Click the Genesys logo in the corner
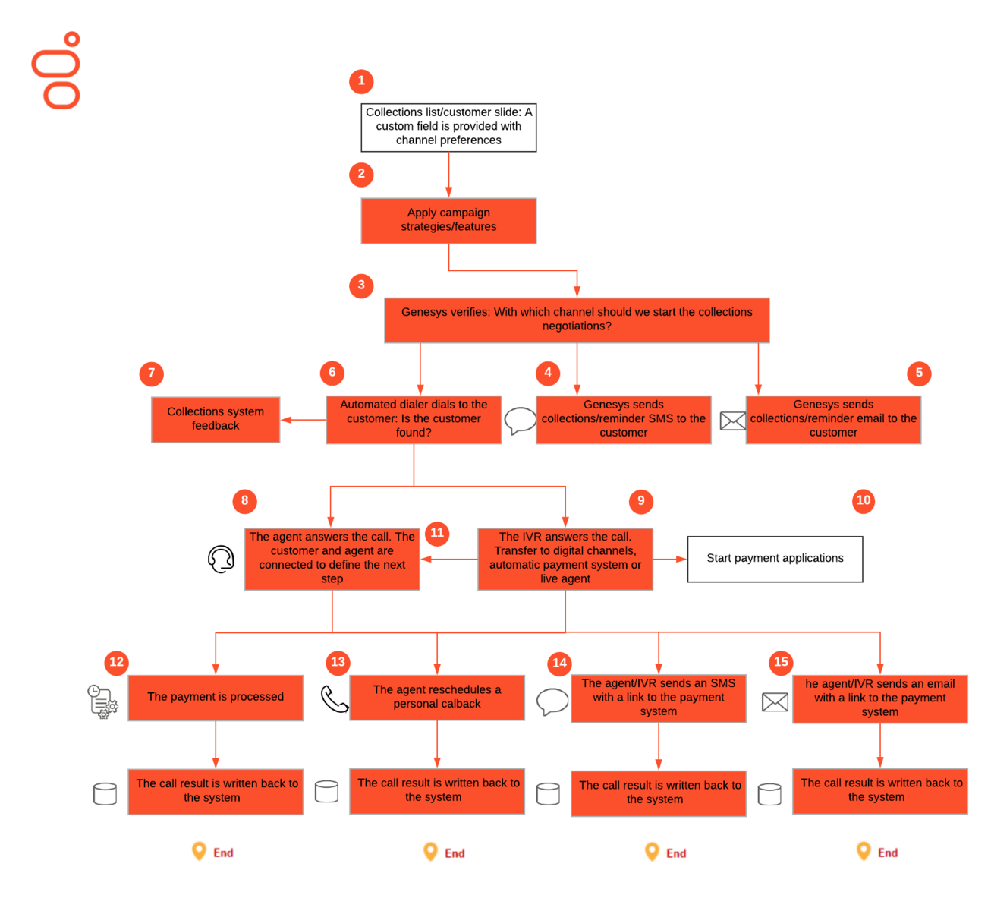pyautogui.click(x=57, y=71)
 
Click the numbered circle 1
pyautogui.click(x=361, y=80)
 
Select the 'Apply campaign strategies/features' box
pyautogui.click(x=448, y=220)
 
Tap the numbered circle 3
pyautogui.click(x=361, y=285)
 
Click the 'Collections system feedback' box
pyautogui.click(x=216, y=419)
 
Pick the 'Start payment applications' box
pyautogui.click(x=775, y=559)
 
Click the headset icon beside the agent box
pyautogui.click(x=221, y=560)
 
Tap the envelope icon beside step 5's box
pyautogui.click(x=732, y=421)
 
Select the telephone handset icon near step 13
pyautogui.click(x=334, y=699)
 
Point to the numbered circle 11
pyautogui.click(x=437, y=533)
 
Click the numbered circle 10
pyautogui.click(x=864, y=500)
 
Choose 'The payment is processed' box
pyautogui.click(x=216, y=697)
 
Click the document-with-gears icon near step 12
pyautogui.click(x=102, y=701)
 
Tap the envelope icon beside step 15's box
pyautogui.click(x=775, y=702)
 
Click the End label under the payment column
pyautogui.click(x=214, y=853)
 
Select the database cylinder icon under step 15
pyautogui.click(x=769, y=794)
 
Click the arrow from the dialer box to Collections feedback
pyautogui.click(x=303, y=420)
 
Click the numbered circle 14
pyautogui.click(x=559, y=663)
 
